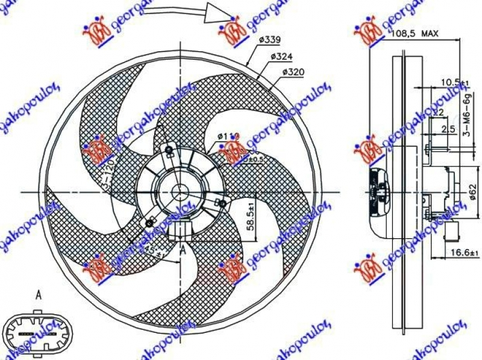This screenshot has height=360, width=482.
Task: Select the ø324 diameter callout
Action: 281,57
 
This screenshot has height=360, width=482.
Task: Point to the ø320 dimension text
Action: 292,73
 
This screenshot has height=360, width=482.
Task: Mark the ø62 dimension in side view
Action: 473,192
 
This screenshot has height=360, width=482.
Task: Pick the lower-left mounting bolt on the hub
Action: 145,224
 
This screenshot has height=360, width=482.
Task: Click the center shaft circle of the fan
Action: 181,192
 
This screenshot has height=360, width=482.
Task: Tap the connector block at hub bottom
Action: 182,230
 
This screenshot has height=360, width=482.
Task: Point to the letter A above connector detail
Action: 39,295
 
